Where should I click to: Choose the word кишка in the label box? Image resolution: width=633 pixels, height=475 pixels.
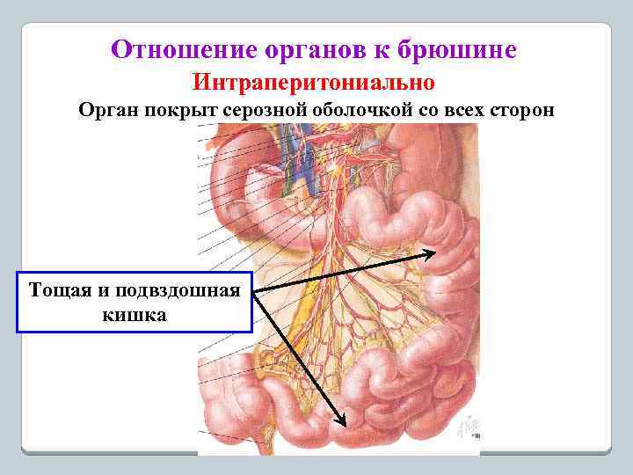point(134,313)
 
